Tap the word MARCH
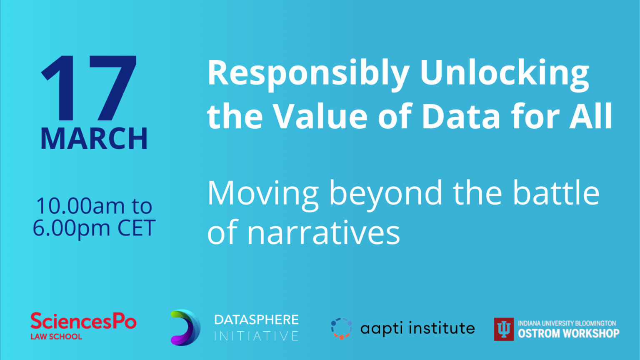[x=94, y=139]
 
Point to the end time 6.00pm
[x=71, y=228]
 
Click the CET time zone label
[x=136, y=228]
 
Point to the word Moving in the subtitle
[x=263, y=193]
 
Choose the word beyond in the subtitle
[x=385, y=194]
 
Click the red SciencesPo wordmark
[x=83, y=322]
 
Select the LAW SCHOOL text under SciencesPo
[x=56, y=337]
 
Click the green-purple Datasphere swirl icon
[x=185, y=327]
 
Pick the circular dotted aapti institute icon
[x=341, y=328]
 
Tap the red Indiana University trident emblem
[x=504, y=329]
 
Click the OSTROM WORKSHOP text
[x=568, y=333]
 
